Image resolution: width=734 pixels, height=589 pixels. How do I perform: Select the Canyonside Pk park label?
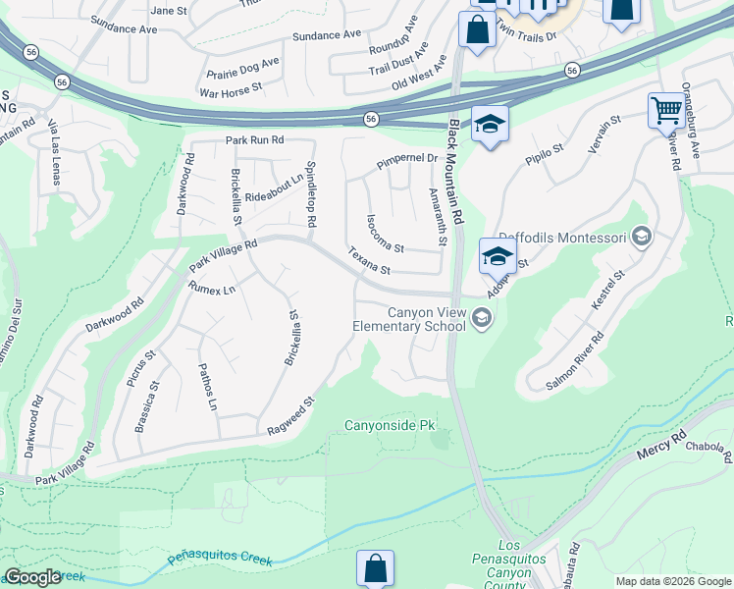point(389,426)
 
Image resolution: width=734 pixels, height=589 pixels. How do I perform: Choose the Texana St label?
point(369,261)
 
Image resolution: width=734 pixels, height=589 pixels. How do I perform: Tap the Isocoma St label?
point(385,233)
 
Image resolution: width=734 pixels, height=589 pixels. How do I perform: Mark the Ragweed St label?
point(290,416)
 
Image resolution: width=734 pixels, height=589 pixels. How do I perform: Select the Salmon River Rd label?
point(574,361)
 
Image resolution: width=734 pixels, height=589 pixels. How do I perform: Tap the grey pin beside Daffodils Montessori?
point(641,236)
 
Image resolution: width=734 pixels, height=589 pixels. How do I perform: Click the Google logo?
point(32,577)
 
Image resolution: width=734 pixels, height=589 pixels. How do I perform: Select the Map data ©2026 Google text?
point(673,581)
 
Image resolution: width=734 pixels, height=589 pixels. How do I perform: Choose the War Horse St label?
point(231,89)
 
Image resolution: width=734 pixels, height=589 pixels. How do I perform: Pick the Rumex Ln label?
point(212,289)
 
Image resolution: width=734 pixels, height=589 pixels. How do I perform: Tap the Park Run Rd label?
point(254,140)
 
